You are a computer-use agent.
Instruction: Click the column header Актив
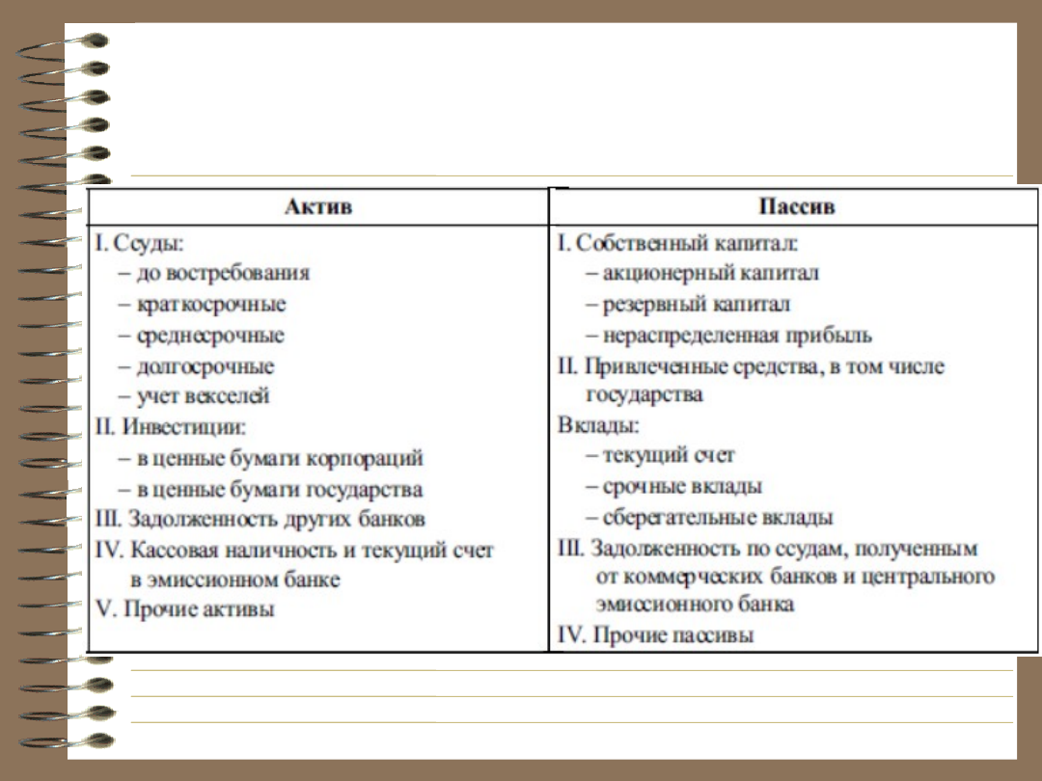(x=318, y=206)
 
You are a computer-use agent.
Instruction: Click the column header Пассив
(x=796, y=206)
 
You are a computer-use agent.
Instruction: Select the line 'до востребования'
(x=223, y=273)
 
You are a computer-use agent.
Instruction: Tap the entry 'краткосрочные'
(x=211, y=304)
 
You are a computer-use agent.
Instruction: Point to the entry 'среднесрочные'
(x=210, y=336)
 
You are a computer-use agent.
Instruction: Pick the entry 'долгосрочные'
(x=206, y=366)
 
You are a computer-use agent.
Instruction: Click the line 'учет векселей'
(x=203, y=395)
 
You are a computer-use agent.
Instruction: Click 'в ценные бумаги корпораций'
(x=279, y=458)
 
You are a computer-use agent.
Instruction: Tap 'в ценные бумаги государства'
(x=279, y=489)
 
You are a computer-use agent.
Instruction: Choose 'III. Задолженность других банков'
(x=260, y=519)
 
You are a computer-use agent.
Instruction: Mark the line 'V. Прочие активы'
(x=184, y=609)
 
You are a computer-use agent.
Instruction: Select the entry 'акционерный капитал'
(x=710, y=273)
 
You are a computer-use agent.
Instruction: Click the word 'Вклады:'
(x=598, y=424)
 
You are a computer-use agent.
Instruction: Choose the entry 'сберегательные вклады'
(x=717, y=518)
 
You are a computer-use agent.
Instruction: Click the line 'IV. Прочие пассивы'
(x=656, y=635)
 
